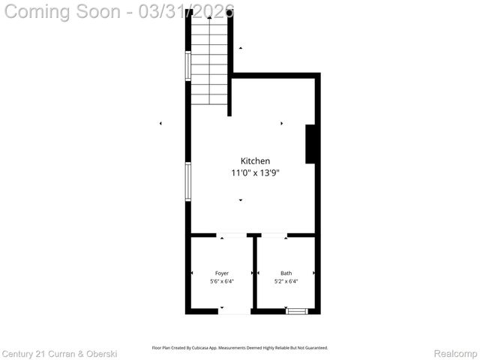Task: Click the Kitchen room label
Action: point(255,161)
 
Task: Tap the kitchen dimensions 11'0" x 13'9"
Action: point(255,173)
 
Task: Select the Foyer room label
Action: point(222,273)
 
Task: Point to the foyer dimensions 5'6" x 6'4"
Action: point(222,282)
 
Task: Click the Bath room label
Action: point(286,273)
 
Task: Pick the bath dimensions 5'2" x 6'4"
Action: point(286,282)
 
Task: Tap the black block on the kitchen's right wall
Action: point(310,144)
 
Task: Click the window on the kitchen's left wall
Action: point(188,181)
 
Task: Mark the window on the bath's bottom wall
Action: point(297,310)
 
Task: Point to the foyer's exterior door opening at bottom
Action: point(234,310)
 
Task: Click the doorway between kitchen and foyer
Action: point(232,235)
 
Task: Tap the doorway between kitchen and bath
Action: point(274,235)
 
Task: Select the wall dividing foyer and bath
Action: point(254,273)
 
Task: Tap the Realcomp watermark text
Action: point(456,352)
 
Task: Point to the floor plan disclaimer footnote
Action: point(240,348)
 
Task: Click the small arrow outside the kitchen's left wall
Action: point(160,124)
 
